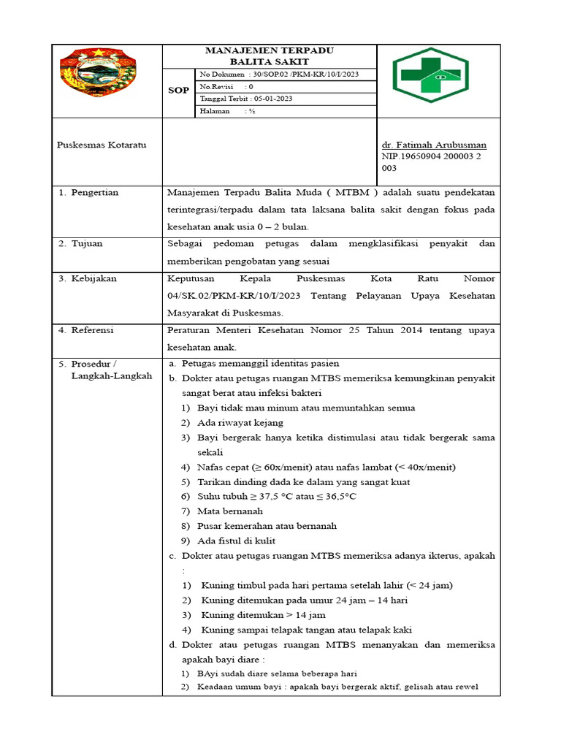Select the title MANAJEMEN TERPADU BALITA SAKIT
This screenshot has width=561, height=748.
[269, 56]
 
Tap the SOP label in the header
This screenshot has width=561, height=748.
[179, 91]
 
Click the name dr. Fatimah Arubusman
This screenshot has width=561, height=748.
[434, 145]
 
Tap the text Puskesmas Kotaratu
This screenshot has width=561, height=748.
[102, 145]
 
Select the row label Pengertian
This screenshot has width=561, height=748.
[94, 192]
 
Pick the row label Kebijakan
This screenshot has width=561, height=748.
[93, 278]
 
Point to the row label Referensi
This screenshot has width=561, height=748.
[92, 330]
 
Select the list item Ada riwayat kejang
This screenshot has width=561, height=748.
[240, 422]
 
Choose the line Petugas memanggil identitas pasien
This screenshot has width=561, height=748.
[260, 363]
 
